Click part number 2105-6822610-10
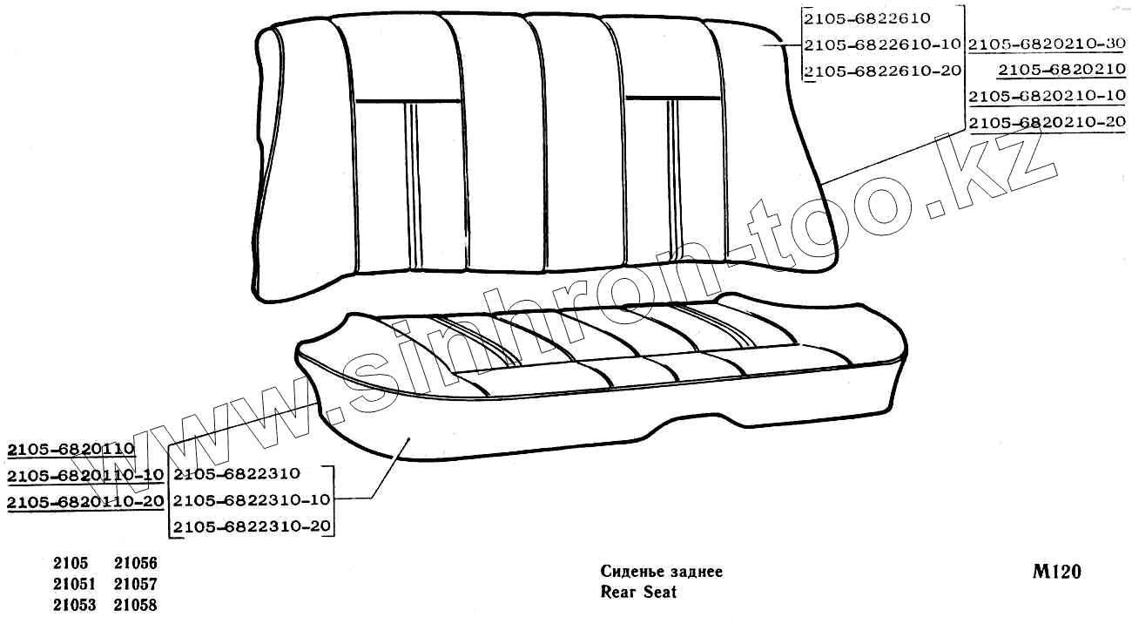point(881,44)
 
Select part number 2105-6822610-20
point(881,71)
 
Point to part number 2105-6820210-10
point(1047,96)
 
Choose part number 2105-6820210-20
point(1047,123)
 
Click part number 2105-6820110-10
point(85,476)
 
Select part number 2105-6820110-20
point(85,502)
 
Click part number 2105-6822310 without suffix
point(236,474)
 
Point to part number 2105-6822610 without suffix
point(867,17)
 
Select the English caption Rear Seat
point(638,593)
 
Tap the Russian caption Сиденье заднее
point(661,572)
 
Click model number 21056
point(135,564)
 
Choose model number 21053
point(73,605)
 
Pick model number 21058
point(135,605)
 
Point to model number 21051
point(73,584)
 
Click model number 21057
point(135,584)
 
